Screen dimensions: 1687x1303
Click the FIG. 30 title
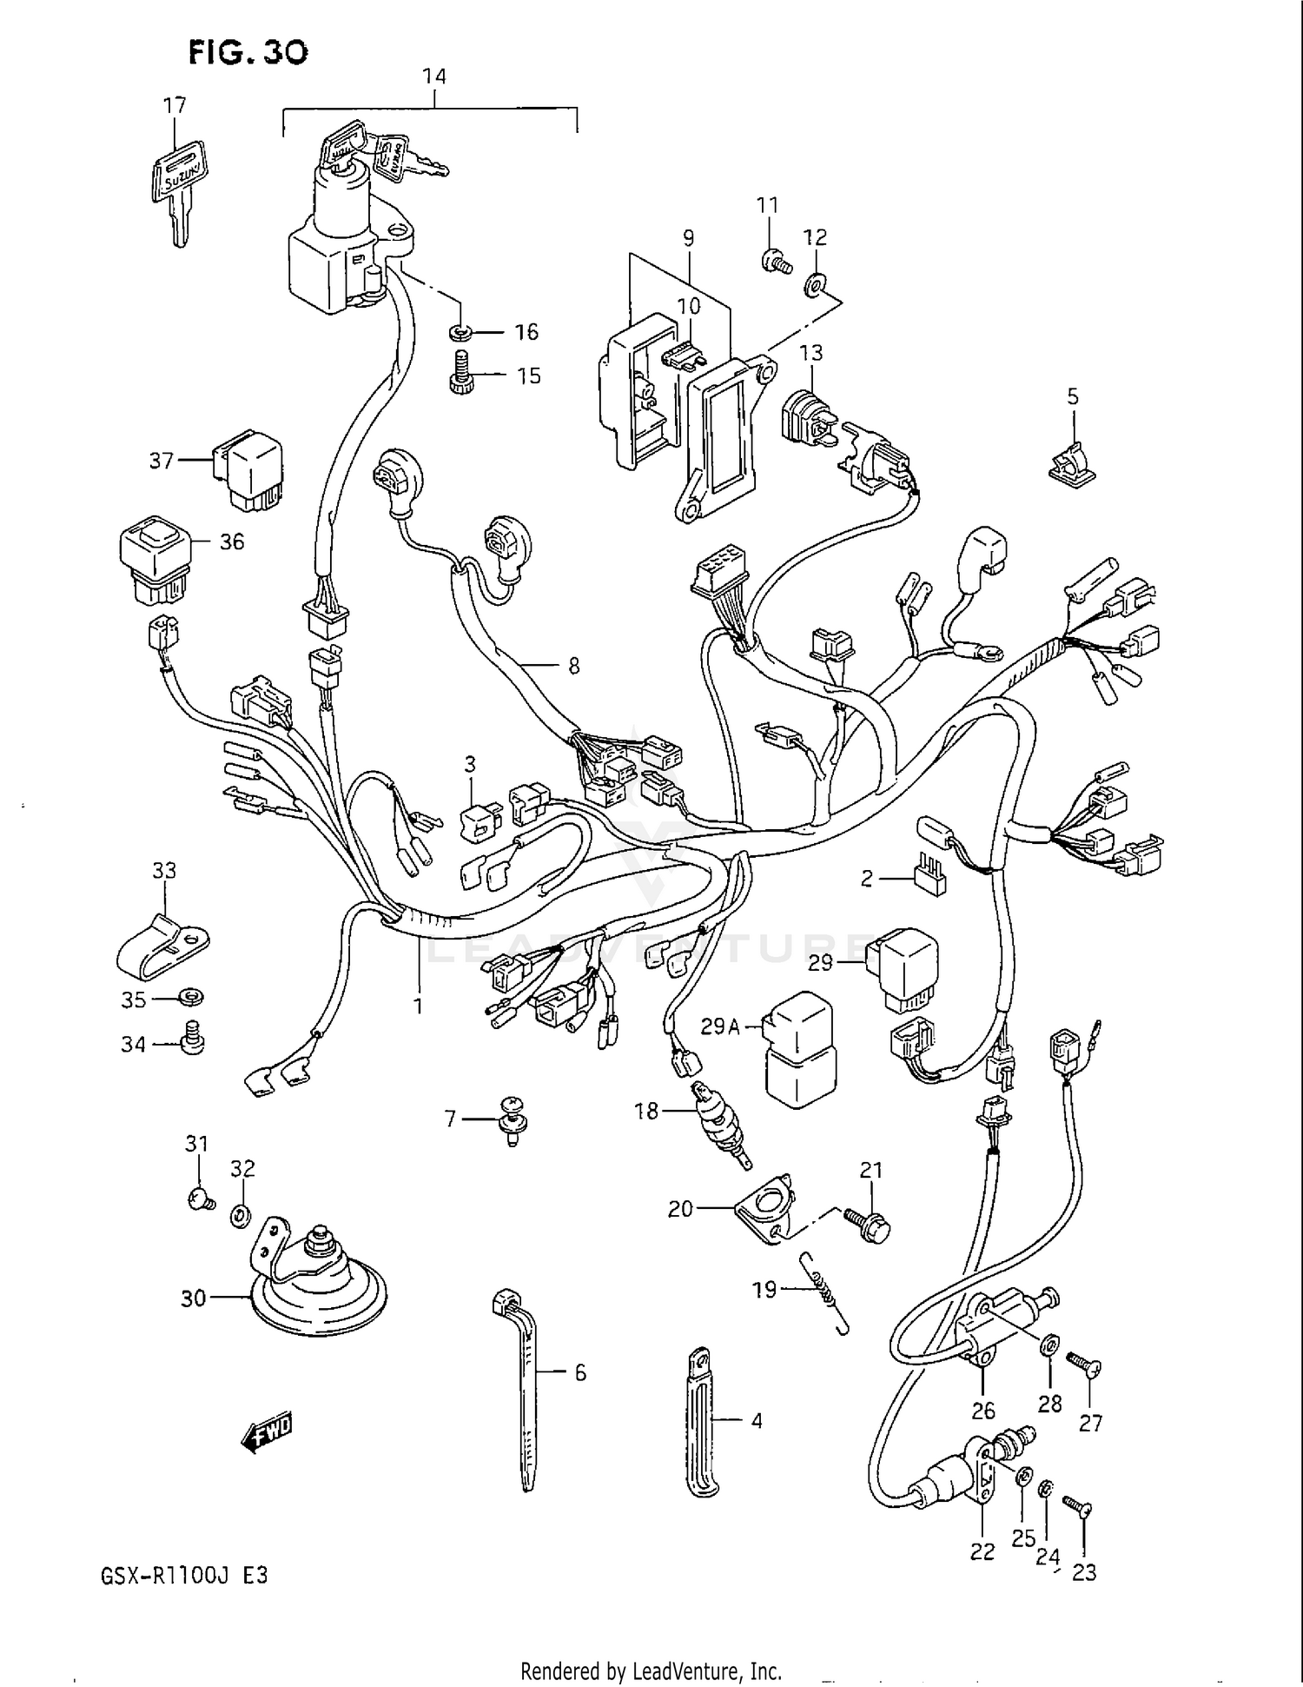point(248,53)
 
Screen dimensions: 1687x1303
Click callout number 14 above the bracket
point(433,76)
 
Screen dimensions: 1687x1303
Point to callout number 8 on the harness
point(573,667)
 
